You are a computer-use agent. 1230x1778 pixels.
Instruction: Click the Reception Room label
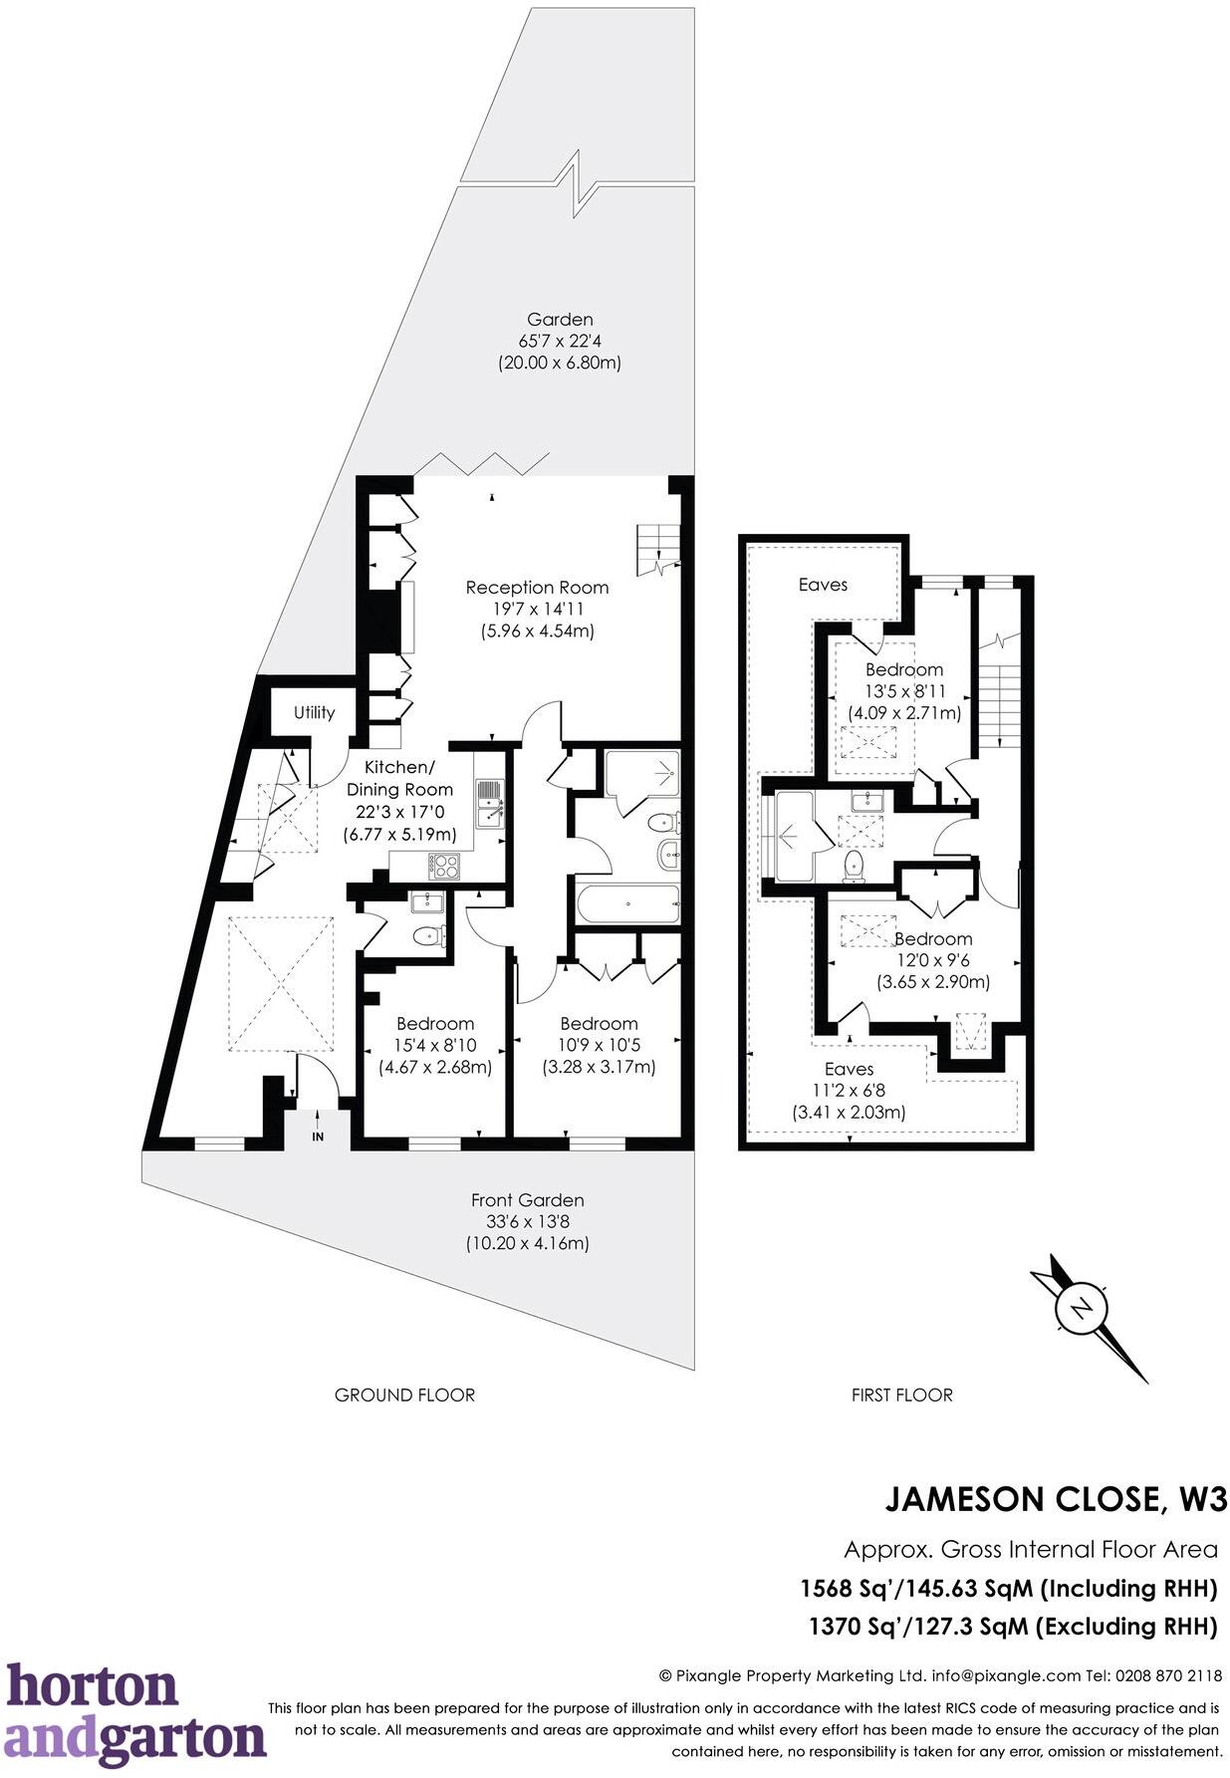tap(537, 588)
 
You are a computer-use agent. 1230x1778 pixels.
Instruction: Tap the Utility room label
tap(314, 712)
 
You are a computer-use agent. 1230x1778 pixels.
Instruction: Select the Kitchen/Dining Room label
tap(399, 778)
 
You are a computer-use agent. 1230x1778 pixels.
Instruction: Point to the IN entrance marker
tap(318, 1137)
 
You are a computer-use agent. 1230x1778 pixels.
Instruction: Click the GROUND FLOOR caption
tap(404, 1395)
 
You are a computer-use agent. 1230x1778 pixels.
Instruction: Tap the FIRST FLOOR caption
tap(901, 1395)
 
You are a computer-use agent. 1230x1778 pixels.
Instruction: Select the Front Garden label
tap(527, 1200)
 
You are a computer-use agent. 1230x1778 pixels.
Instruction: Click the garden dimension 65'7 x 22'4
tap(560, 341)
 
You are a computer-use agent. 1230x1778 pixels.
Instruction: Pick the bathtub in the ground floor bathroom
tap(627, 904)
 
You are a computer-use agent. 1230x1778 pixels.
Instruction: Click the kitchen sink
tap(490, 803)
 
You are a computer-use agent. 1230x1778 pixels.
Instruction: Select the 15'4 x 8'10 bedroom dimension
tap(435, 1045)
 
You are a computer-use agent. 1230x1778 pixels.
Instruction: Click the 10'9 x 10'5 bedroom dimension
tap(599, 1045)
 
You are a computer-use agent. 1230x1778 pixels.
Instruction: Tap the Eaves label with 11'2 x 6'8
tap(849, 1069)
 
